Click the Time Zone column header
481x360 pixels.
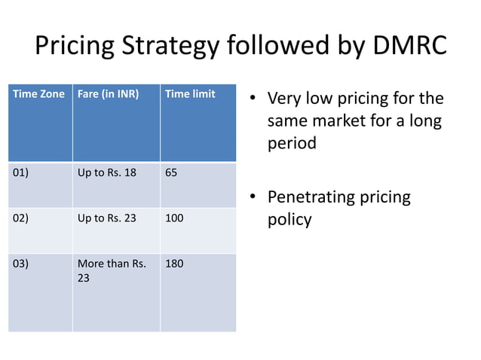pyautogui.click(x=35, y=94)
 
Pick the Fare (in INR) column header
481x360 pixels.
pyautogui.click(x=109, y=94)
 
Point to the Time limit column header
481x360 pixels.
pyautogui.click(x=190, y=94)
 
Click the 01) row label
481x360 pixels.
pyautogui.click(x=21, y=172)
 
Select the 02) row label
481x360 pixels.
pyautogui.click(x=21, y=218)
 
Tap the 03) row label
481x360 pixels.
pyautogui.click(x=21, y=264)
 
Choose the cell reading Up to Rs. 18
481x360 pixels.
pyautogui.click(x=107, y=172)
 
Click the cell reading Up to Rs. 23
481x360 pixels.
pyautogui.click(x=107, y=218)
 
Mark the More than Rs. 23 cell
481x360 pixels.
pyautogui.click(x=112, y=270)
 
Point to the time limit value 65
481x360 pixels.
pyautogui.click(x=171, y=172)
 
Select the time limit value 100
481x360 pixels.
pyautogui.click(x=174, y=218)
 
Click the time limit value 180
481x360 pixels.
pyautogui.click(x=174, y=264)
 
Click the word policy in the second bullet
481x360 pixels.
pyautogui.click(x=290, y=221)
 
